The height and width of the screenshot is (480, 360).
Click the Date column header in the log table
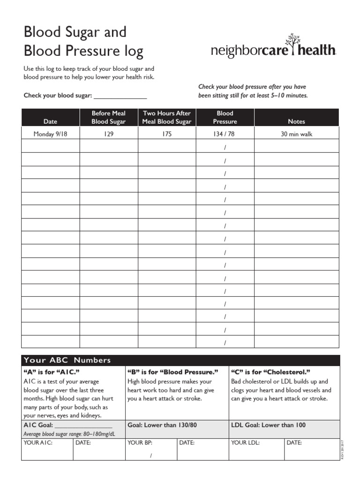50,121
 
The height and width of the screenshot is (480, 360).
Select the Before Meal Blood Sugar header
108,117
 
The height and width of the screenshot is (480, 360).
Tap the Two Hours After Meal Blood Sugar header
167,117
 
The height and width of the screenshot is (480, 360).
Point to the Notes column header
296,121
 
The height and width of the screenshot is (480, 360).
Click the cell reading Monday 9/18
50,134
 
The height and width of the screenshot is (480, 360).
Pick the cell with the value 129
108,134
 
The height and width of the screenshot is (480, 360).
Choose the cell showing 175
167,134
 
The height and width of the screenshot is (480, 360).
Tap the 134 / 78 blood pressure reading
225,134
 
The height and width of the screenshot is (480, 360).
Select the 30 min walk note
296,134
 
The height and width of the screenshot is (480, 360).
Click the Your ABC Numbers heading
67,360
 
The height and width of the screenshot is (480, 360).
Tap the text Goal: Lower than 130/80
162,425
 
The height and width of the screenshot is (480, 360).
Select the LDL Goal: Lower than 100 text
268,425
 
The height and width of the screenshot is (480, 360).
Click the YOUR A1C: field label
38,442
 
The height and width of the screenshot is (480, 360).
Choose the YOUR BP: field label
140,442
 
